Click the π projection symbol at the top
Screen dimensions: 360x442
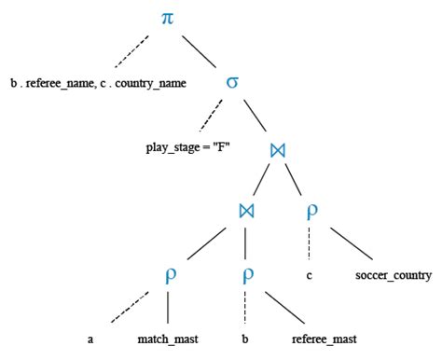click(167, 18)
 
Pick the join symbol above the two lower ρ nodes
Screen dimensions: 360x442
click(244, 210)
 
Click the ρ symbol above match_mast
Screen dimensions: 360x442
click(167, 276)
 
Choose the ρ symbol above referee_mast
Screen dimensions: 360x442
click(244, 276)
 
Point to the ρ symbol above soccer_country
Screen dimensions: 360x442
click(312, 210)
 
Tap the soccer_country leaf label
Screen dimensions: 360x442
click(394, 276)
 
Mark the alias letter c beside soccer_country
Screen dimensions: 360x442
click(309, 276)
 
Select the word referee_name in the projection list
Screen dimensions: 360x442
click(54, 83)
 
